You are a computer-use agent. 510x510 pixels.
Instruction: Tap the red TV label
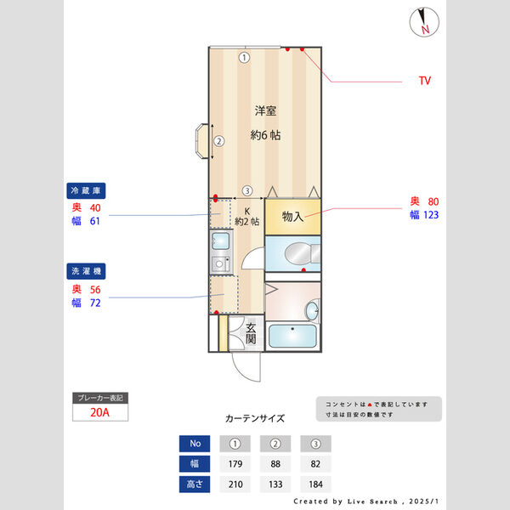pos(424,81)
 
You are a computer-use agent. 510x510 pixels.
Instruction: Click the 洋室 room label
pos(266,110)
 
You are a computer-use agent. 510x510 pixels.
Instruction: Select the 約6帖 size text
pos(265,135)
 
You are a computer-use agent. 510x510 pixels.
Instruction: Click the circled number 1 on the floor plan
pos(244,58)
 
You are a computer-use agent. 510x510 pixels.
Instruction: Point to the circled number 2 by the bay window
pos(218,141)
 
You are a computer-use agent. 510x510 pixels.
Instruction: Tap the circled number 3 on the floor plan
pos(246,190)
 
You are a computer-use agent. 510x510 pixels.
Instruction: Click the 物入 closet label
pos(292,217)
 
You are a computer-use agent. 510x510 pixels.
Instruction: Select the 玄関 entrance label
pos(251,332)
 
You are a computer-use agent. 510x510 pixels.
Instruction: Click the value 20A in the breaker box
pos(100,413)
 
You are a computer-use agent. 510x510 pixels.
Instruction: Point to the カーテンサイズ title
pos(255,418)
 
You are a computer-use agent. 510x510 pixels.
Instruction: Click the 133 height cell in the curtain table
pos(275,484)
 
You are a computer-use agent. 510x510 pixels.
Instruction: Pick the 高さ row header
pos(195,484)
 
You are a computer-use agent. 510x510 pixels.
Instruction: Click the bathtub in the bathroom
pos(292,336)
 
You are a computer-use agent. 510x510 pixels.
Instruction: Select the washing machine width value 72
pos(95,302)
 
